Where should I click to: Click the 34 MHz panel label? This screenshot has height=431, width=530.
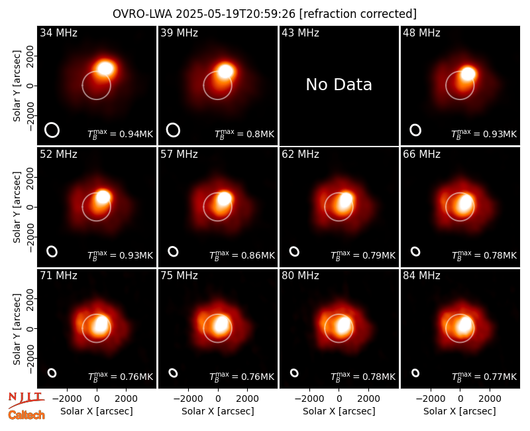pyautogui.click(x=58, y=32)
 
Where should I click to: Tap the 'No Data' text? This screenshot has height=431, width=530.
pyautogui.click(x=339, y=85)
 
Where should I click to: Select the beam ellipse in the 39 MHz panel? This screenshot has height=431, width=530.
pyautogui.click(x=173, y=130)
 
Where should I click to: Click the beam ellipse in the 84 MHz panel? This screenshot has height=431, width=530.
pyautogui.click(x=415, y=373)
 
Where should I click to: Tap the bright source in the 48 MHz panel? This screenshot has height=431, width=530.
pyautogui.click(x=468, y=74)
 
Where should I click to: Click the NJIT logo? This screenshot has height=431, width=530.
pyautogui.click(x=26, y=400)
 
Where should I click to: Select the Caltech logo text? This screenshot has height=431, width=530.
pyautogui.click(x=26, y=415)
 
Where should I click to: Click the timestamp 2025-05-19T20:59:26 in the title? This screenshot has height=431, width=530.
pyautogui.click(x=236, y=14)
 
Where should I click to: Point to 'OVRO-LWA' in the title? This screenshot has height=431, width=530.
pyautogui.click(x=142, y=14)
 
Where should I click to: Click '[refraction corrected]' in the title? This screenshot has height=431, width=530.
pyautogui.click(x=358, y=14)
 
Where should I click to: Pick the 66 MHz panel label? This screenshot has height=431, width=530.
pyautogui.click(x=421, y=154)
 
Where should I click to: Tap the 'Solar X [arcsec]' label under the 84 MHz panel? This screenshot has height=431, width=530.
pyautogui.click(x=460, y=411)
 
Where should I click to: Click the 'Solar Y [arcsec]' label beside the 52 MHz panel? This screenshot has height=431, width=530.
pyautogui.click(x=17, y=207)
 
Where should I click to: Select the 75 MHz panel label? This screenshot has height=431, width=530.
pyautogui.click(x=179, y=276)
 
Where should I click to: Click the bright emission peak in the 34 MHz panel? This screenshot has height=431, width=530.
pyautogui.click(x=105, y=68)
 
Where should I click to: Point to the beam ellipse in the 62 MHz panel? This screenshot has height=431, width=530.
pyautogui.click(x=294, y=251)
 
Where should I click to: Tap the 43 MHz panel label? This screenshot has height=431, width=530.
pyautogui.click(x=301, y=32)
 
